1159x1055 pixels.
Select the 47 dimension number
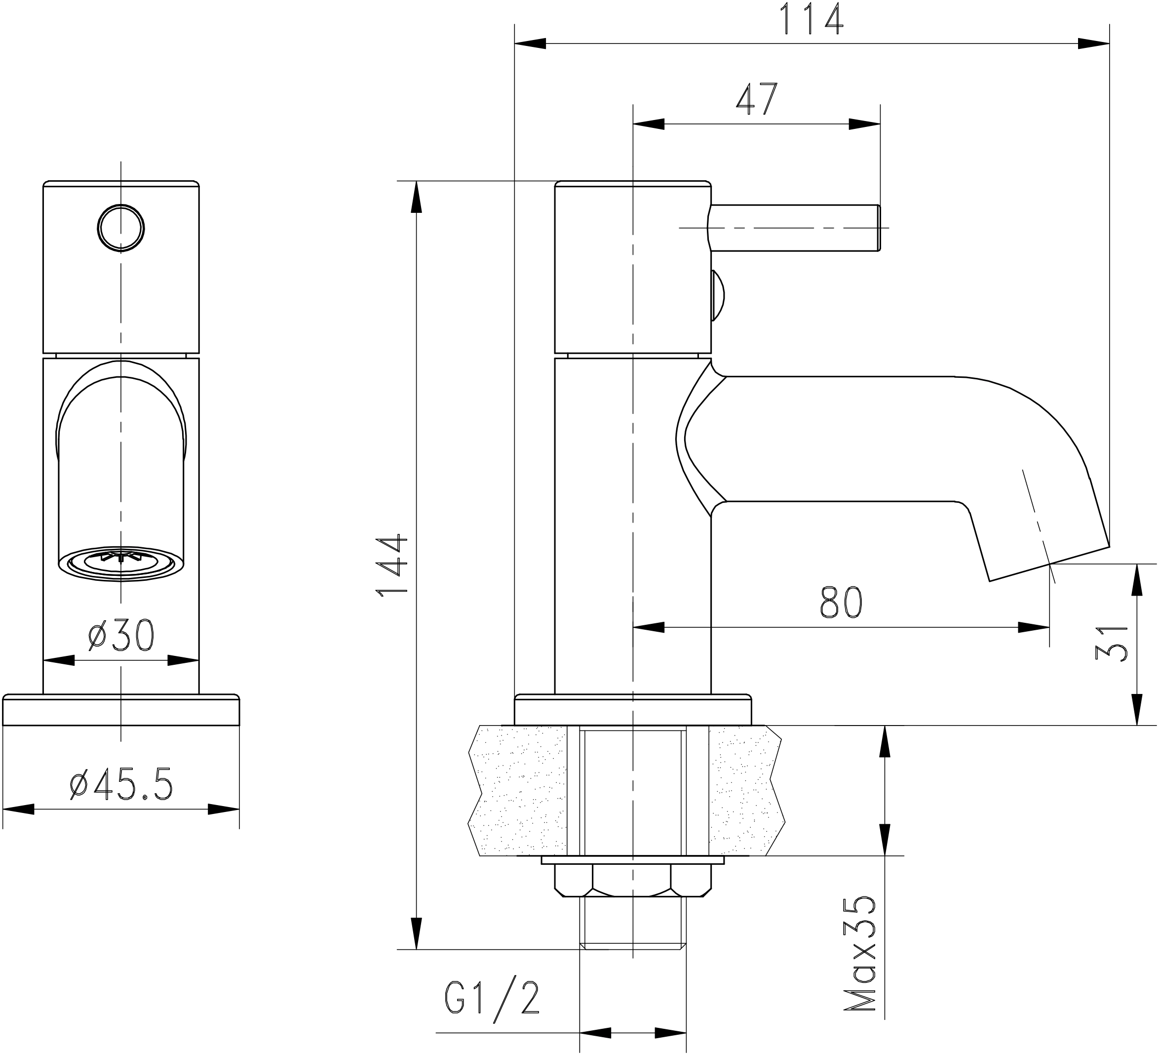pos(757,99)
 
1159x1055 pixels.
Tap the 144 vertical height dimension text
pos(391,566)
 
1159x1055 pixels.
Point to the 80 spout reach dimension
pos(841,603)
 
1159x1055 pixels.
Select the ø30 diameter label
pos(121,636)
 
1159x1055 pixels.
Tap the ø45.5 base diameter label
pos(121,784)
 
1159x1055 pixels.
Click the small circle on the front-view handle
pos(121,228)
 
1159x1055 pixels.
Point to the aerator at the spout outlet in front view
pos(121,562)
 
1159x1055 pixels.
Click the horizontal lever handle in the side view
pos(793,228)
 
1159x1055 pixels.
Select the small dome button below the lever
pos(718,296)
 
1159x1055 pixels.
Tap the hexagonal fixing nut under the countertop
pos(632,881)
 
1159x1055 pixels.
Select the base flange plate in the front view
pos(121,710)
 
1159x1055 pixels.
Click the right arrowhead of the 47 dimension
pos(865,123)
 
